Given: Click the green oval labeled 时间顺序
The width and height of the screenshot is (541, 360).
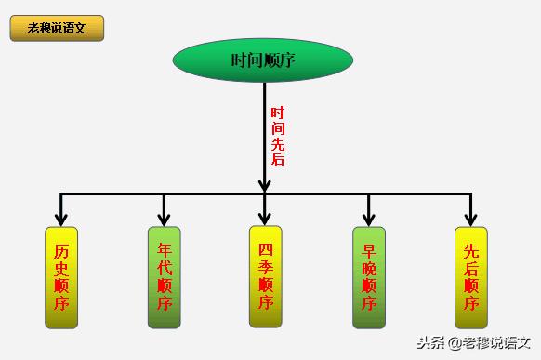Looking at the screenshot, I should [263, 60].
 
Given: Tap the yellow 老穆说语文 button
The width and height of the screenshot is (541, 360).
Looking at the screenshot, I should [57, 28].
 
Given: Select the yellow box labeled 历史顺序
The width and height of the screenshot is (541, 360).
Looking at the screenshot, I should [61, 277].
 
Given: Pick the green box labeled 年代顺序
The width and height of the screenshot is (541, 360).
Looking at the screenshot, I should [165, 277].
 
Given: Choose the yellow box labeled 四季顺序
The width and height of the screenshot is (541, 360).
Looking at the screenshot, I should [265, 276].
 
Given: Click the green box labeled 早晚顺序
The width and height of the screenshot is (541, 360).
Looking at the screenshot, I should [369, 277].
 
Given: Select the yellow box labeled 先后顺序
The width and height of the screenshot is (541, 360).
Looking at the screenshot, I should [471, 277].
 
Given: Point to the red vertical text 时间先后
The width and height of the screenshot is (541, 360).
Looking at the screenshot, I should [277, 136].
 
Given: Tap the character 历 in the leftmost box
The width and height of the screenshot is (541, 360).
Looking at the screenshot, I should [61, 251].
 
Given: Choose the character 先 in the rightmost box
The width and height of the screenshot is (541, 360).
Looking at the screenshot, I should [471, 251].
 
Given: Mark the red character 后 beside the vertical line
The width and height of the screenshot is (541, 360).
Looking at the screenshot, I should [277, 160].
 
